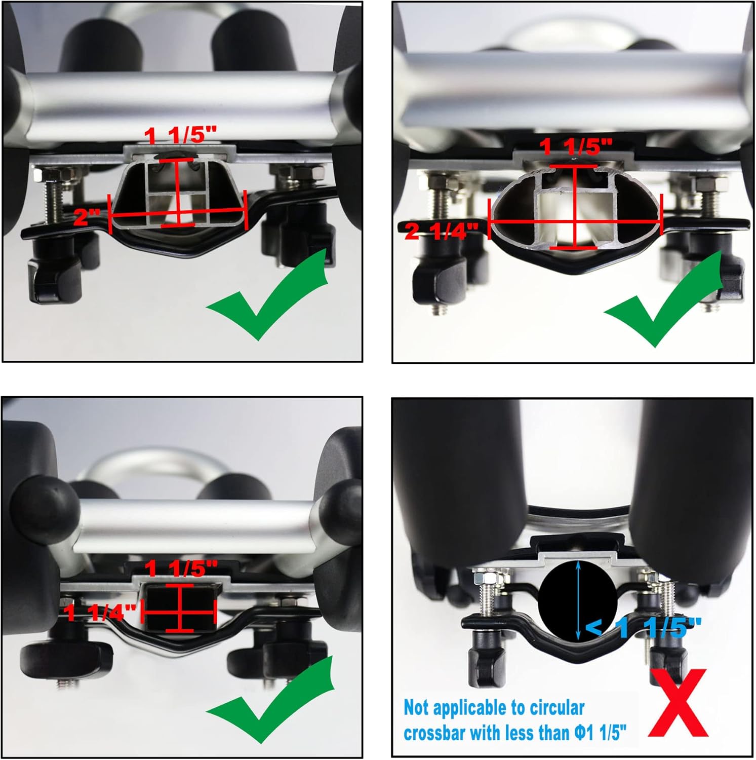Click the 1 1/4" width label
(x=101, y=613)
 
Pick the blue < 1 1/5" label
(x=644, y=628)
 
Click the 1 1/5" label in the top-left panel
(x=181, y=136)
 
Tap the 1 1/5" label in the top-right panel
(x=576, y=147)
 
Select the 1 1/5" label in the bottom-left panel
(x=181, y=569)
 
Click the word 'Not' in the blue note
(x=417, y=708)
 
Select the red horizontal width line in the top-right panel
(x=575, y=221)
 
